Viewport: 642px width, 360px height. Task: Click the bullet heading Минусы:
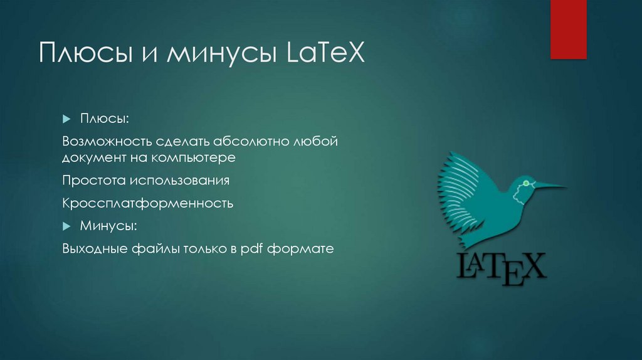click(x=108, y=225)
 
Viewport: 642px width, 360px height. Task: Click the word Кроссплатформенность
click(x=148, y=203)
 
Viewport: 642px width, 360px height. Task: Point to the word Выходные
click(x=94, y=248)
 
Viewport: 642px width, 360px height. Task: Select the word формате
click(x=299, y=248)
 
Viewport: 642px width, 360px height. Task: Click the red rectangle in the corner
click(x=568, y=29)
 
